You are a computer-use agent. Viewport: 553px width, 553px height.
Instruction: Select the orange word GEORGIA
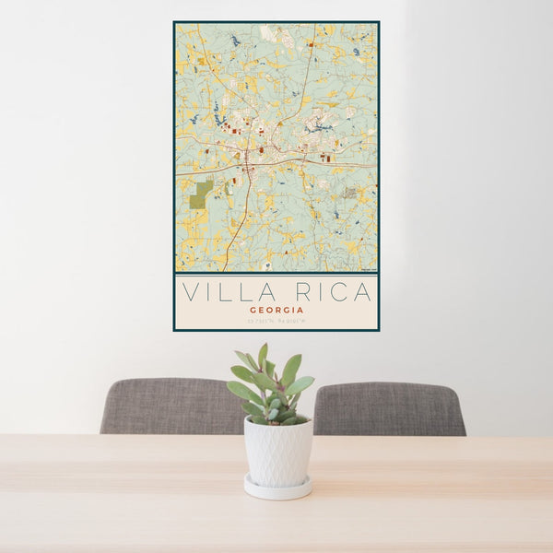(276, 311)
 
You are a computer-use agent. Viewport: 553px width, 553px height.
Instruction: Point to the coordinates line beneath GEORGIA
(276, 321)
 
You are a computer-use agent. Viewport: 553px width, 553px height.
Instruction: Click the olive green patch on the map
(200, 194)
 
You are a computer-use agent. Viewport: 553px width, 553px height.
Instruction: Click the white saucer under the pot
(277, 488)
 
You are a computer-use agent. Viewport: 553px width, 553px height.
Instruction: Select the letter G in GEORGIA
(253, 311)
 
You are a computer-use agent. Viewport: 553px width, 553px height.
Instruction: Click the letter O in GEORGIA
(268, 311)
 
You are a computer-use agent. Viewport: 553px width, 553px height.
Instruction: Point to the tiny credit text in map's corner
(368, 269)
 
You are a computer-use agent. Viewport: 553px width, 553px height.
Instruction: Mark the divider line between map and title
(276, 274)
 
